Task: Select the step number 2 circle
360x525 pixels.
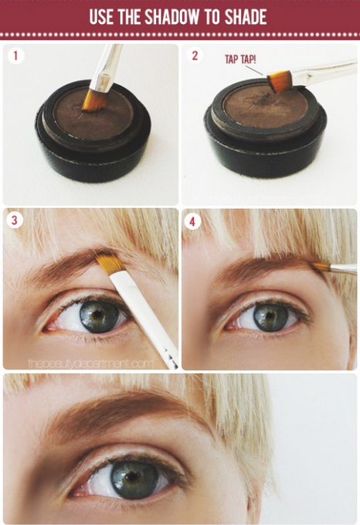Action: click(195, 56)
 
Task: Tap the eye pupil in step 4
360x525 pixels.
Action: click(270, 315)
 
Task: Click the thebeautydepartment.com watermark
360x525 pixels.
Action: click(89, 362)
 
